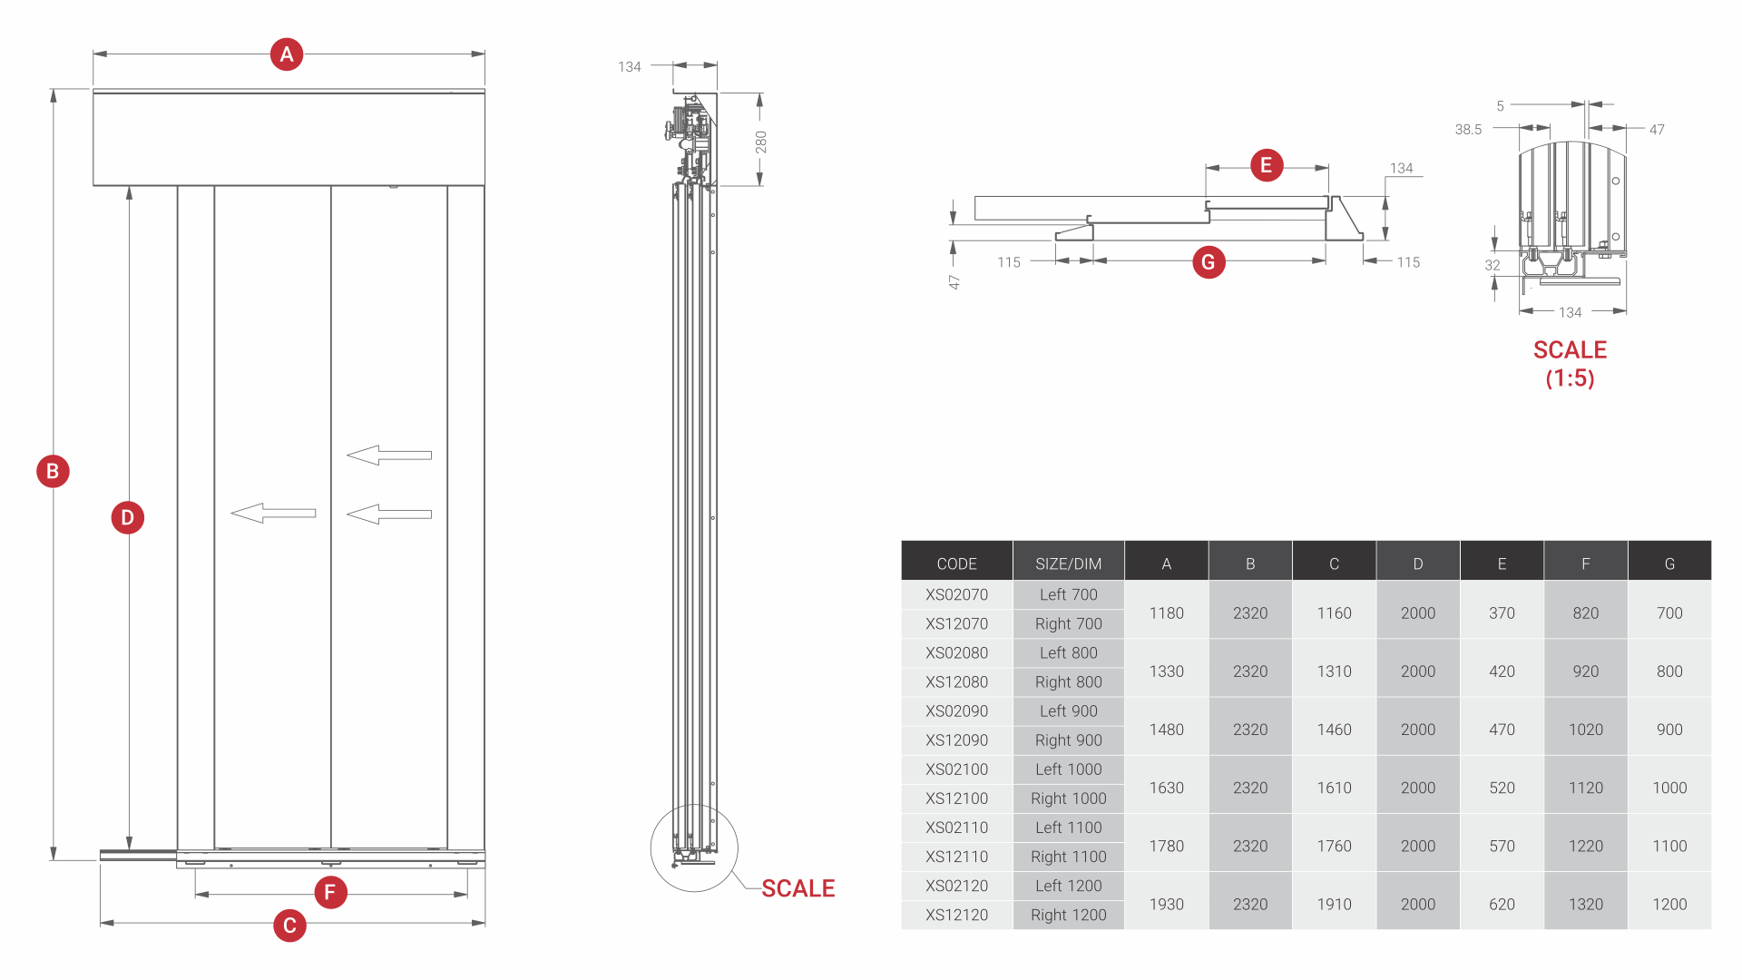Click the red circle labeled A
tap(287, 54)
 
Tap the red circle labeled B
tap(53, 471)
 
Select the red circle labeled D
tap(128, 517)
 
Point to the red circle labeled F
tap(330, 892)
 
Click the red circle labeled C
tap(289, 926)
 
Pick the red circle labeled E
tap(1267, 165)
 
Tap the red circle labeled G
tap(1209, 262)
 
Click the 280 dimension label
tap(760, 142)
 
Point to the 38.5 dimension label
tap(1468, 130)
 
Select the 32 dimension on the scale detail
tap(1492, 265)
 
